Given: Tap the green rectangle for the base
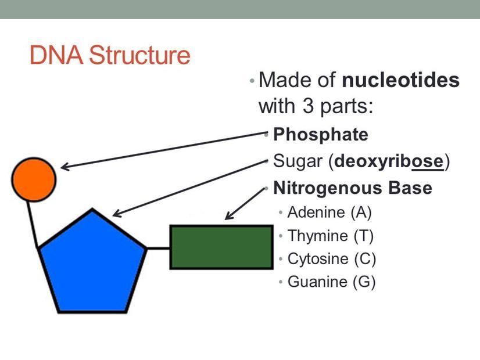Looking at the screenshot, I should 221,247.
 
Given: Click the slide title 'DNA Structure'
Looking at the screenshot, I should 110,56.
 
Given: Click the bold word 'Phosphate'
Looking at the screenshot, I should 320,135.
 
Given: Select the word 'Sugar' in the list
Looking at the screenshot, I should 296,161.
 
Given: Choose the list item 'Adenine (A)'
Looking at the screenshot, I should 329,212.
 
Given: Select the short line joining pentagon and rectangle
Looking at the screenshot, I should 158,248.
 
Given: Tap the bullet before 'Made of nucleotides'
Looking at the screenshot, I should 251,80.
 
